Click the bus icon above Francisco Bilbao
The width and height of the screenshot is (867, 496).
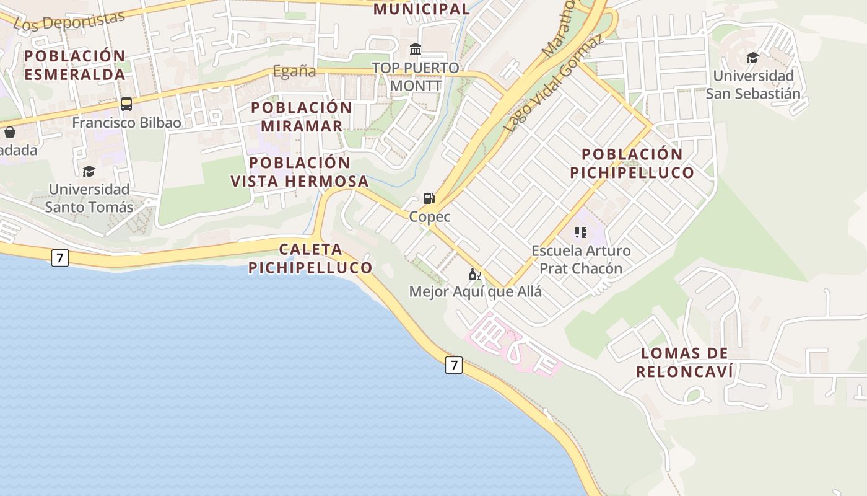[x=126, y=104]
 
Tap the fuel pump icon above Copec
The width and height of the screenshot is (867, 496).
[x=429, y=198]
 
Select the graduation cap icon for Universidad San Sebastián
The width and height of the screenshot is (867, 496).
[x=752, y=58]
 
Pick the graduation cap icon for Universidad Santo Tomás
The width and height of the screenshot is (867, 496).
[x=89, y=171]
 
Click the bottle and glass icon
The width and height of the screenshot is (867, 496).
[x=475, y=274]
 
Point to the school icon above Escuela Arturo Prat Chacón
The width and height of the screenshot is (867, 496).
[x=580, y=232]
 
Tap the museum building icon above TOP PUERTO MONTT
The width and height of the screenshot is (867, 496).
[x=416, y=49]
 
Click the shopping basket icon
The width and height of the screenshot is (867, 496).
[x=10, y=131]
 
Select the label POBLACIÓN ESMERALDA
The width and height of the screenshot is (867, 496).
[x=75, y=65]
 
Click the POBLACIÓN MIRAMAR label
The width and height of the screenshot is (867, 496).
[x=302, y=117]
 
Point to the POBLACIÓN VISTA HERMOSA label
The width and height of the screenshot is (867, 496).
[x=300, y=172]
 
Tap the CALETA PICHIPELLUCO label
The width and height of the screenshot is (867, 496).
[x=310, y=259]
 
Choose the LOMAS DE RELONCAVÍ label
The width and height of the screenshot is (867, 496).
[x=684, y=363]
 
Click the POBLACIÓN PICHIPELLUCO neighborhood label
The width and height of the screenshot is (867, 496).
[x=632, y=163]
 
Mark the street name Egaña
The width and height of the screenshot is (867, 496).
[x=294, y=71]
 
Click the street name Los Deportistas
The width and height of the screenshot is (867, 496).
[x=69, y=20]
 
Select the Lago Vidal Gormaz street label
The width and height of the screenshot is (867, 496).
[x=552, y=84]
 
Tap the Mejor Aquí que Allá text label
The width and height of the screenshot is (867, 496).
[x=475, y=291]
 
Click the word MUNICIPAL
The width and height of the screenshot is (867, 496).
[x=422, y=9]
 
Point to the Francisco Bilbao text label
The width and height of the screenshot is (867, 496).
[x=126, y=123]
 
